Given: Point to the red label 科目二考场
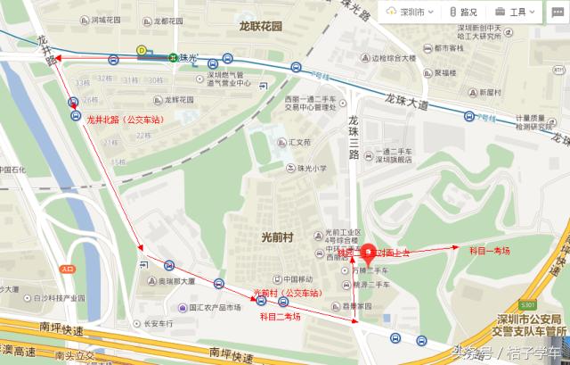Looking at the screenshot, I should [280, 315].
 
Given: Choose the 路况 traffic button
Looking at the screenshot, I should [460, 12].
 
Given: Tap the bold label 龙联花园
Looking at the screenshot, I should [259, 26].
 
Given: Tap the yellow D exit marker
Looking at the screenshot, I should [141, 51].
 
